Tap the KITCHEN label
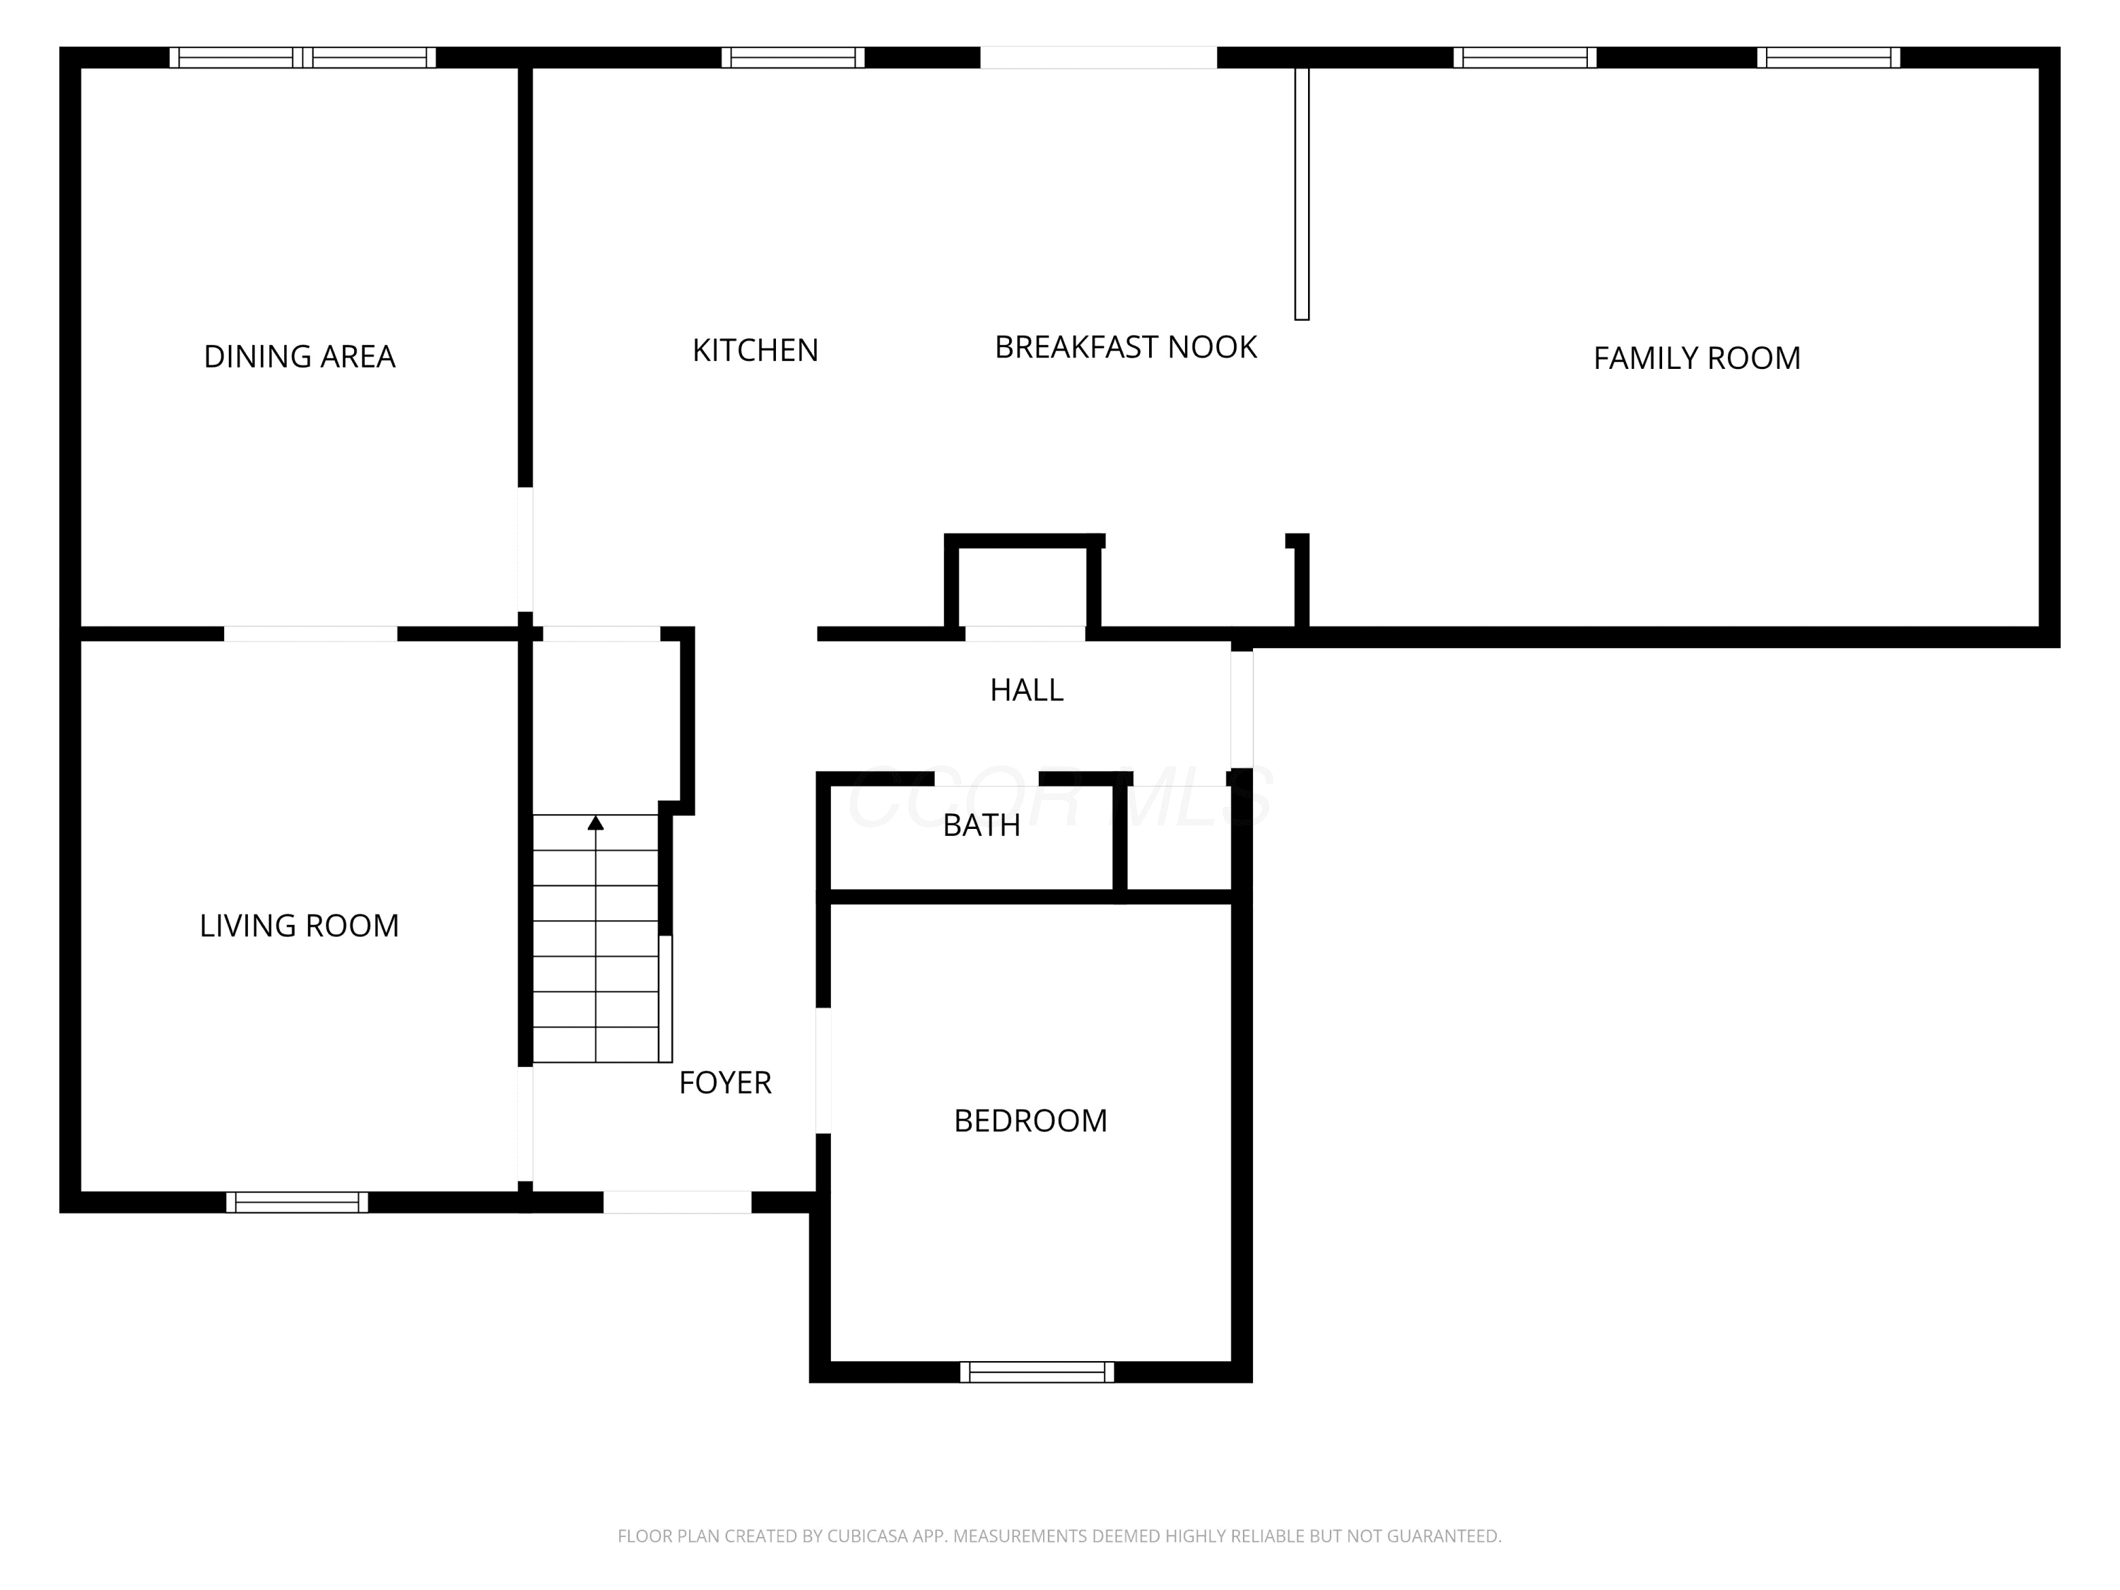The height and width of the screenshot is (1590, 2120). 755,351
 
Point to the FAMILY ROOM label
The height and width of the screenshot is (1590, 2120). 1697,358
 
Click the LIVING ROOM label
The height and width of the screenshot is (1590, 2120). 299,926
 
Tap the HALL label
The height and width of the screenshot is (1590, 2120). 1027,690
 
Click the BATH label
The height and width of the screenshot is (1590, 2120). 982,825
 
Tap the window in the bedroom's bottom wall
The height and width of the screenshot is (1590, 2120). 1037,1372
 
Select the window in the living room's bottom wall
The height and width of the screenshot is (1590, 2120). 297,1202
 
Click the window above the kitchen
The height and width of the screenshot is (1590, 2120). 793,57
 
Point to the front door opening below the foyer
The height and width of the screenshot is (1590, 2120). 677,1202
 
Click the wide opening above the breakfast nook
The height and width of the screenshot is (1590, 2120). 1098,57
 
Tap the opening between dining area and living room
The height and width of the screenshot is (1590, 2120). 310,633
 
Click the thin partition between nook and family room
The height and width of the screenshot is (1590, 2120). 1302,194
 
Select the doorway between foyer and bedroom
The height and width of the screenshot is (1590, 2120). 823,1071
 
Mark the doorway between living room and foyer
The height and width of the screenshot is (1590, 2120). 525,1124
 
